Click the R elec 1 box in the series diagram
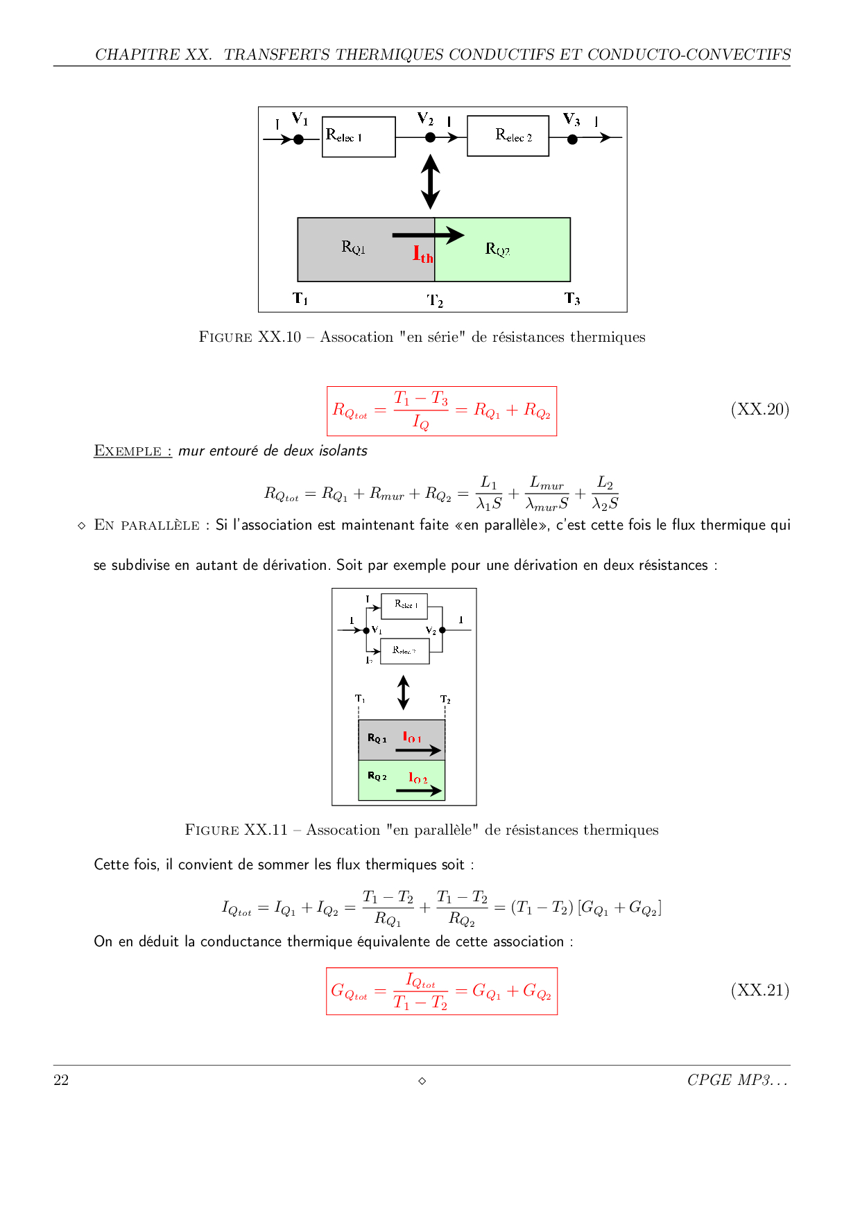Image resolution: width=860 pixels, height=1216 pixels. coord(359,137)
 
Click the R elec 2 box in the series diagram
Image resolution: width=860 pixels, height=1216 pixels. coord(508,136)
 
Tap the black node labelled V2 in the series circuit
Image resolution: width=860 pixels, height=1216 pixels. coord(430,138)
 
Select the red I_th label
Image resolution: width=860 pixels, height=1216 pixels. coord(422,255)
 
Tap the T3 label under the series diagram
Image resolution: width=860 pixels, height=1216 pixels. coord(572,299)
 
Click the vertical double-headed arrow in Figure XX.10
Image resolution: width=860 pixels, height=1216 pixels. coord(430,182)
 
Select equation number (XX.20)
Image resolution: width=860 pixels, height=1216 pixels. coord(759,409)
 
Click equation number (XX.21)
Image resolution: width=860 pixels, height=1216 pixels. coord(759,990)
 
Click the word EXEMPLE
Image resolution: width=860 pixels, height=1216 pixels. coord(128,451)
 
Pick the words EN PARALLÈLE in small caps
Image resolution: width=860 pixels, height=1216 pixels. coord(146,525)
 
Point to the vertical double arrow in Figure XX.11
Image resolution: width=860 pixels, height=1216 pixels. coord(403,693)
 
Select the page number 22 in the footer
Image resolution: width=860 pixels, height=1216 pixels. coord(61,1080)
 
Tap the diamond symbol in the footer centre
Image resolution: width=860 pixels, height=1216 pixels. coord(422,1081)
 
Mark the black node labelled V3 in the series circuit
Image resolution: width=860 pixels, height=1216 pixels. coord(572,139)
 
